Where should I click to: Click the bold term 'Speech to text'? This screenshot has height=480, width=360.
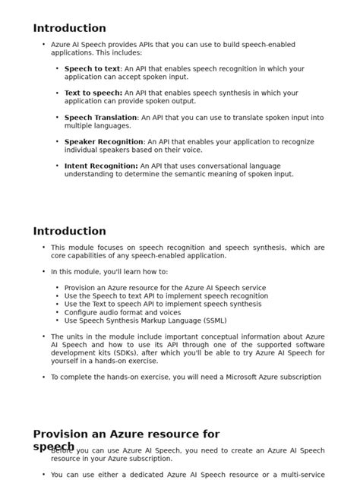point(92,69)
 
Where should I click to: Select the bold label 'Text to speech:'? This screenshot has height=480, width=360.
point(93,93)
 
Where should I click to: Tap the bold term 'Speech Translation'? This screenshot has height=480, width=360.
point(100,118)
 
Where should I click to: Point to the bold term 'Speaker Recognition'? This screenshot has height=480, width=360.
point(103,142)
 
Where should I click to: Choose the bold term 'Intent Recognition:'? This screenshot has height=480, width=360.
point(101,166)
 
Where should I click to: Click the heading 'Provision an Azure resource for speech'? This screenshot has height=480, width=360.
point(126,435)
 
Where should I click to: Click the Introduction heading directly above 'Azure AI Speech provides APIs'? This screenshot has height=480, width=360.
point(69,28)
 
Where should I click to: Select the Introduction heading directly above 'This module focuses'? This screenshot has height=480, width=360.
point(69,232)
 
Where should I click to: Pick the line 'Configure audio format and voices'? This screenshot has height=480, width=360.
point(122,312)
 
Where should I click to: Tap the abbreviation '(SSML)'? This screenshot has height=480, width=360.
point(212,321)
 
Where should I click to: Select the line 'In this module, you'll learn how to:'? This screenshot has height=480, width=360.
point(109,272)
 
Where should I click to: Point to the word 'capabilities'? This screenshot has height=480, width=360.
point(75,256)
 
